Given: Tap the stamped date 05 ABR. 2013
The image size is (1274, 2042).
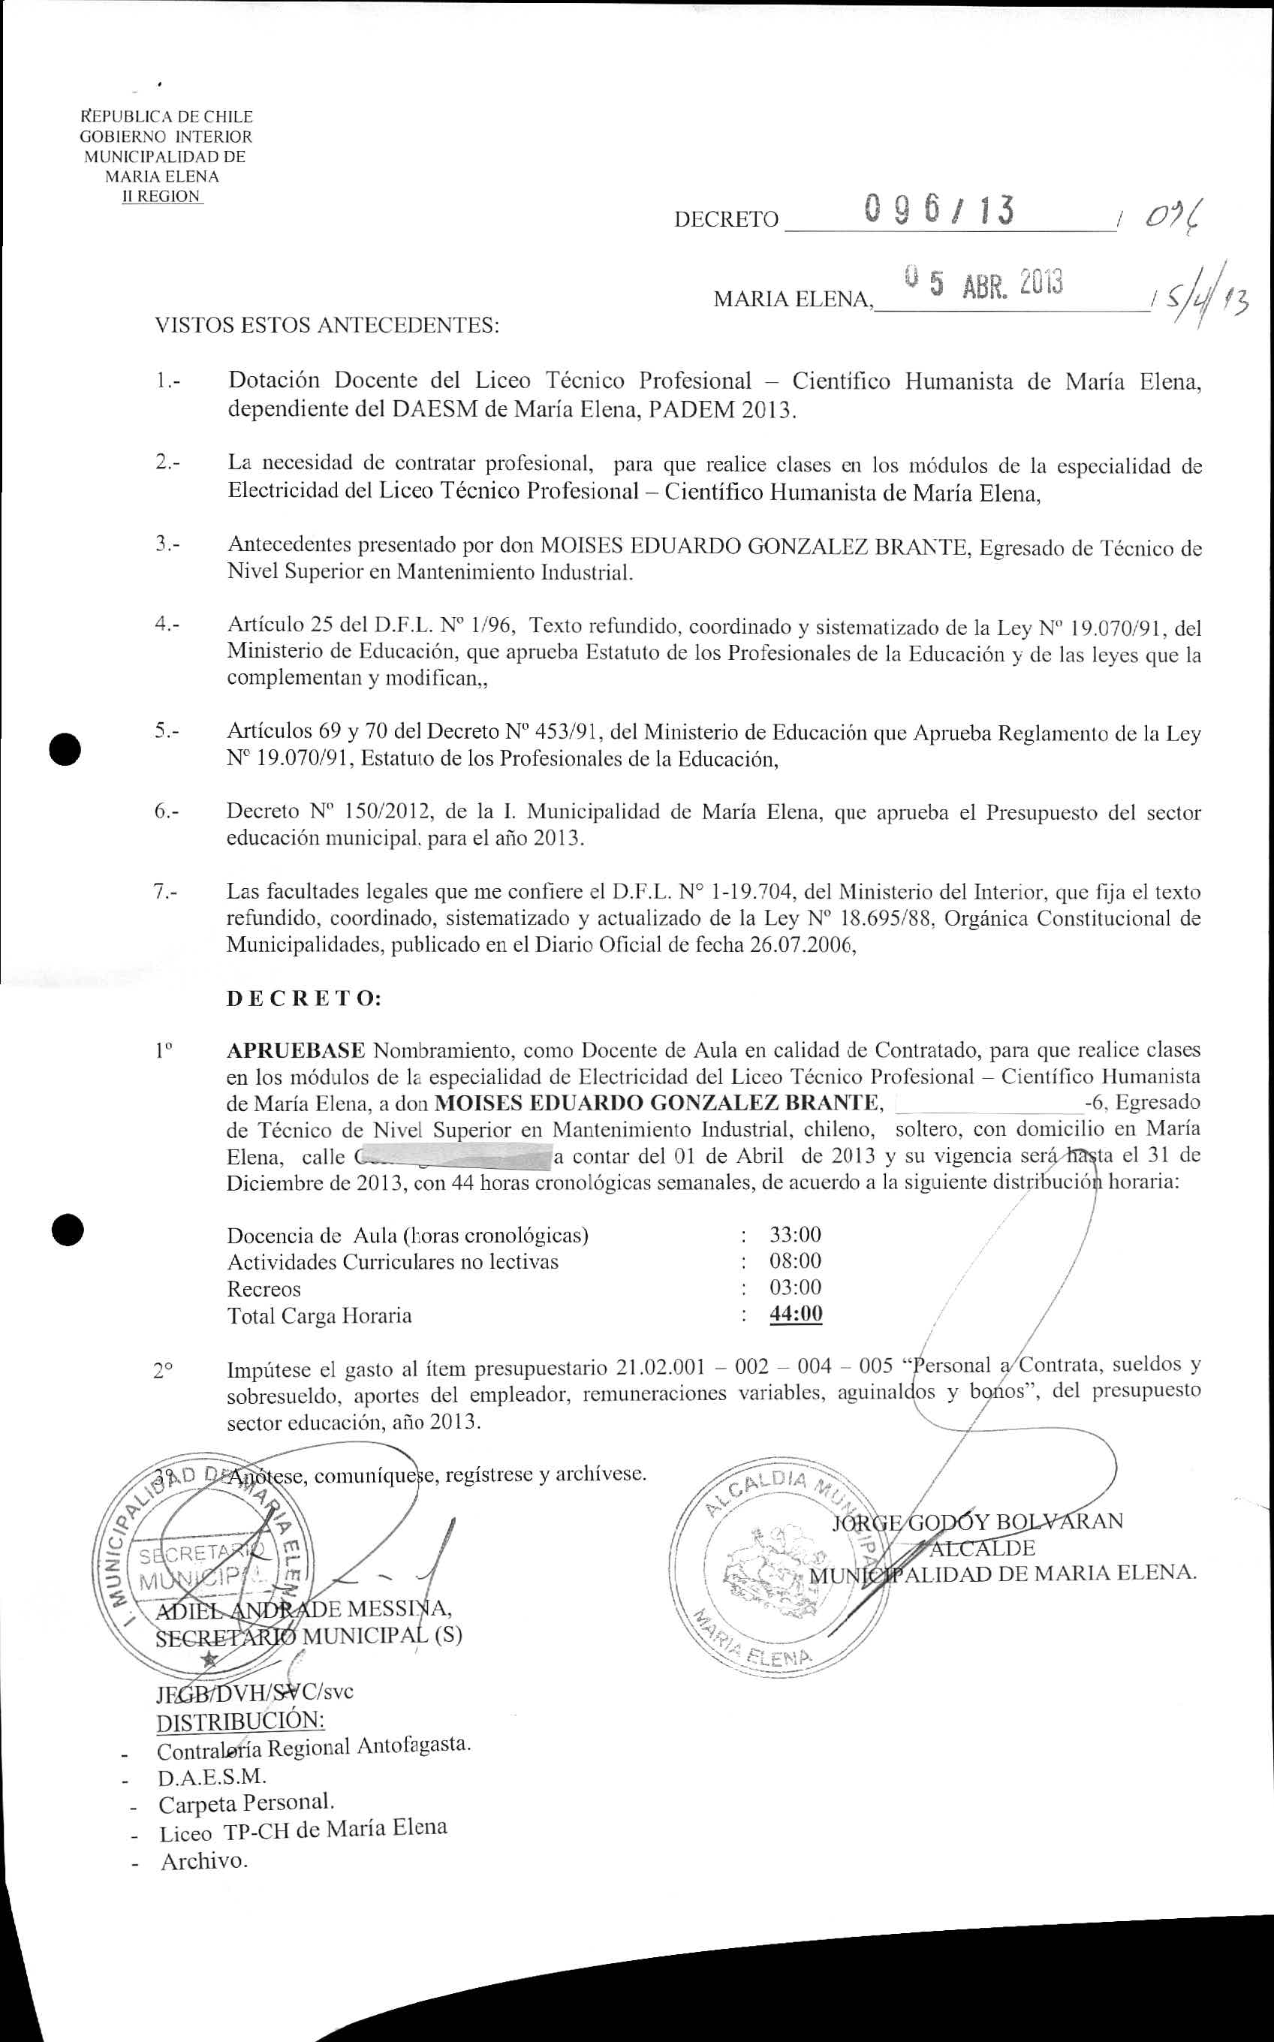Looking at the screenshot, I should click(x=983, y=284).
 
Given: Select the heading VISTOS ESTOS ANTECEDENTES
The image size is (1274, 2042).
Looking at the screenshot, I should click(x=327, y=325).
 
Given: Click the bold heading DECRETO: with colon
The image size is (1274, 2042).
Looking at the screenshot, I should click(x=303, y=999).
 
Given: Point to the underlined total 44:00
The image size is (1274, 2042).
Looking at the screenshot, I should click(x=796, y=1314).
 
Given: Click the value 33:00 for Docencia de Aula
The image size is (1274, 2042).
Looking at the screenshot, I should click(x=794, y=1235).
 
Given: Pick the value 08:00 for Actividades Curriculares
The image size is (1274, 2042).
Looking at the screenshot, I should click(x=794, y=1261).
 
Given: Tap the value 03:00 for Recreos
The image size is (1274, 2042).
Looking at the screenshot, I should click(x=794, y=1288).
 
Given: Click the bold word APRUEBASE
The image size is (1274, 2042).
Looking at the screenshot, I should click(x=295, y=1050).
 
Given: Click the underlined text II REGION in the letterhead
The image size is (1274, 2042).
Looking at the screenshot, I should click(x=161, y=197).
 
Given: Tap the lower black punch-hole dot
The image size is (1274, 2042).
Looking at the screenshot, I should click(x=67, y=1230).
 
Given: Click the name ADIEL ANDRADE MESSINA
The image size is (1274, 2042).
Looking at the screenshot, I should click(x=303, y=1609).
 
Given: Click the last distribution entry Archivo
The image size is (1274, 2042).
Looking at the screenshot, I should click(x=204, y=1860).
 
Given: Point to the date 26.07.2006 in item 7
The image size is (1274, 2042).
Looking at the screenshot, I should click(x=800, y=945).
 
